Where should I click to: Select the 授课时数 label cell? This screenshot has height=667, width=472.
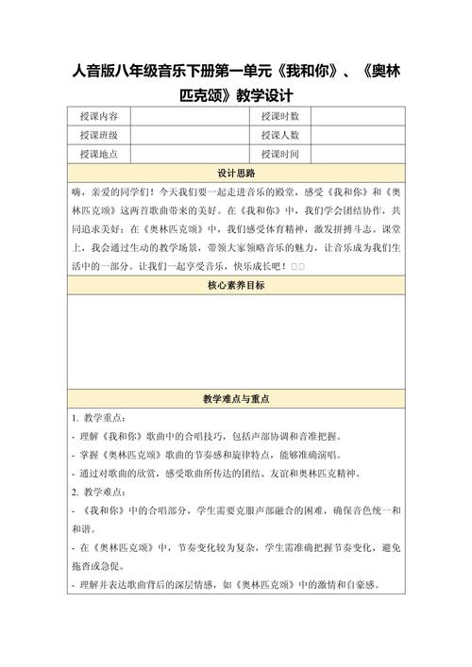[279, 116]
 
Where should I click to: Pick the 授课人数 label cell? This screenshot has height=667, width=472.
[279, 135]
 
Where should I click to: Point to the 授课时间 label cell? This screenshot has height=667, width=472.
[279, 154]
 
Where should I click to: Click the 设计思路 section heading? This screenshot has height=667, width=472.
[236, 174]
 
